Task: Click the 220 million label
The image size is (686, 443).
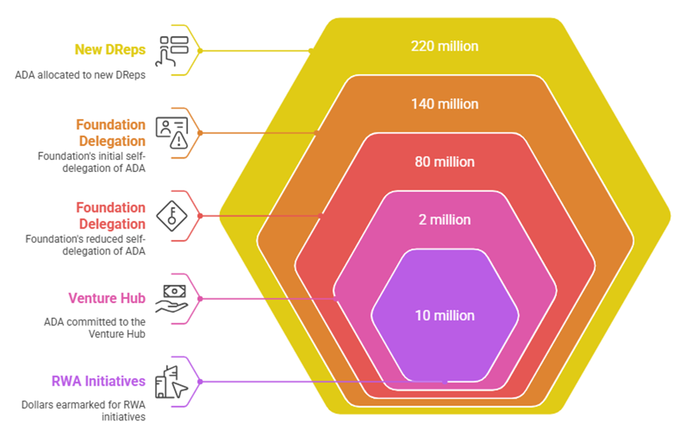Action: [444, 47]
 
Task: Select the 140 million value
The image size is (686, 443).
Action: [444, 104]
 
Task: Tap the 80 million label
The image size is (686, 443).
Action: [444, 162]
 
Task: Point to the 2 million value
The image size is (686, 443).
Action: [444, 220]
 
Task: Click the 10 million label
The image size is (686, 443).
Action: [444, 315]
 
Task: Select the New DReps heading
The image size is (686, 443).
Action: [110, 50]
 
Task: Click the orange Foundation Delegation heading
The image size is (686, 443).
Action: [111, 133]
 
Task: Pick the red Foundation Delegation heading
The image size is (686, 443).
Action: [111, 216]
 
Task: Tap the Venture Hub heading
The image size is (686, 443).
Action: [107, 298]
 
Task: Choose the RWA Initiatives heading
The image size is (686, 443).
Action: [99, 381]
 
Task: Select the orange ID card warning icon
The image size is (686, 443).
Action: [172, 133]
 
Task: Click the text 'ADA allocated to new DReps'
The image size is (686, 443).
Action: [80, 75]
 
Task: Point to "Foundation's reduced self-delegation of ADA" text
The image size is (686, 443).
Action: [85, 245]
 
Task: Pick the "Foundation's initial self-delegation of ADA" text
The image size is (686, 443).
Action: [92, 162]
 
